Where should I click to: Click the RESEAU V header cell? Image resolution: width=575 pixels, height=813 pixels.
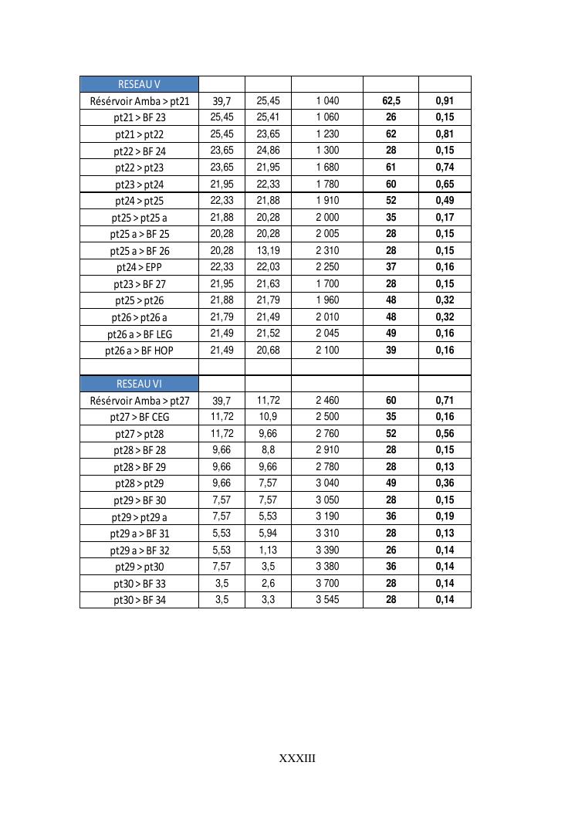139,84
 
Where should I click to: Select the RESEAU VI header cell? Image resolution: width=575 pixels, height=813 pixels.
139,384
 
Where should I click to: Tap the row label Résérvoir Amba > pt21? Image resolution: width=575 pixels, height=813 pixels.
140,101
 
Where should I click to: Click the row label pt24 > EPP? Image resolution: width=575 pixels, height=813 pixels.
140,267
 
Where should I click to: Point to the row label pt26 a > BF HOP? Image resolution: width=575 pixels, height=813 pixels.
140,351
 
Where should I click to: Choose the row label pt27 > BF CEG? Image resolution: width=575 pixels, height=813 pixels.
140,417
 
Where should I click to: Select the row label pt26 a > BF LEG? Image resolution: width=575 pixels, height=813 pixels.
140,334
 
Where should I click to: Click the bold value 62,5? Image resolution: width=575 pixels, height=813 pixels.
391,101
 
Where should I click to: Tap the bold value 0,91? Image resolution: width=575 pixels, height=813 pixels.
445,101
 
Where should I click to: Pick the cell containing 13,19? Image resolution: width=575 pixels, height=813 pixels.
268,250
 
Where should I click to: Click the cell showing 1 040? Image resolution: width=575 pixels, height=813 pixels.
327,101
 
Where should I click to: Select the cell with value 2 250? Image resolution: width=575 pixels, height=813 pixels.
327,267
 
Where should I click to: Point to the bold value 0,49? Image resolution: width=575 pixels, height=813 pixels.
445,201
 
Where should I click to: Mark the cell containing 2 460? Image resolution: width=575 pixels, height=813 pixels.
327,401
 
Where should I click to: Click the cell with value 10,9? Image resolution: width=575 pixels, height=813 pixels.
268,417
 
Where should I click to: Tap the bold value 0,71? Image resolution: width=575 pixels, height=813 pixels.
445,401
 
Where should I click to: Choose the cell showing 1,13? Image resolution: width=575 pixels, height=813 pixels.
268,550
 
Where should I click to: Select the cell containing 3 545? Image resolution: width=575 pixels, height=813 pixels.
327,600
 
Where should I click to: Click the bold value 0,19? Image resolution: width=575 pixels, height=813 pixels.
445,517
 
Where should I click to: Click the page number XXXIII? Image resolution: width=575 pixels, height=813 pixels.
297,758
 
